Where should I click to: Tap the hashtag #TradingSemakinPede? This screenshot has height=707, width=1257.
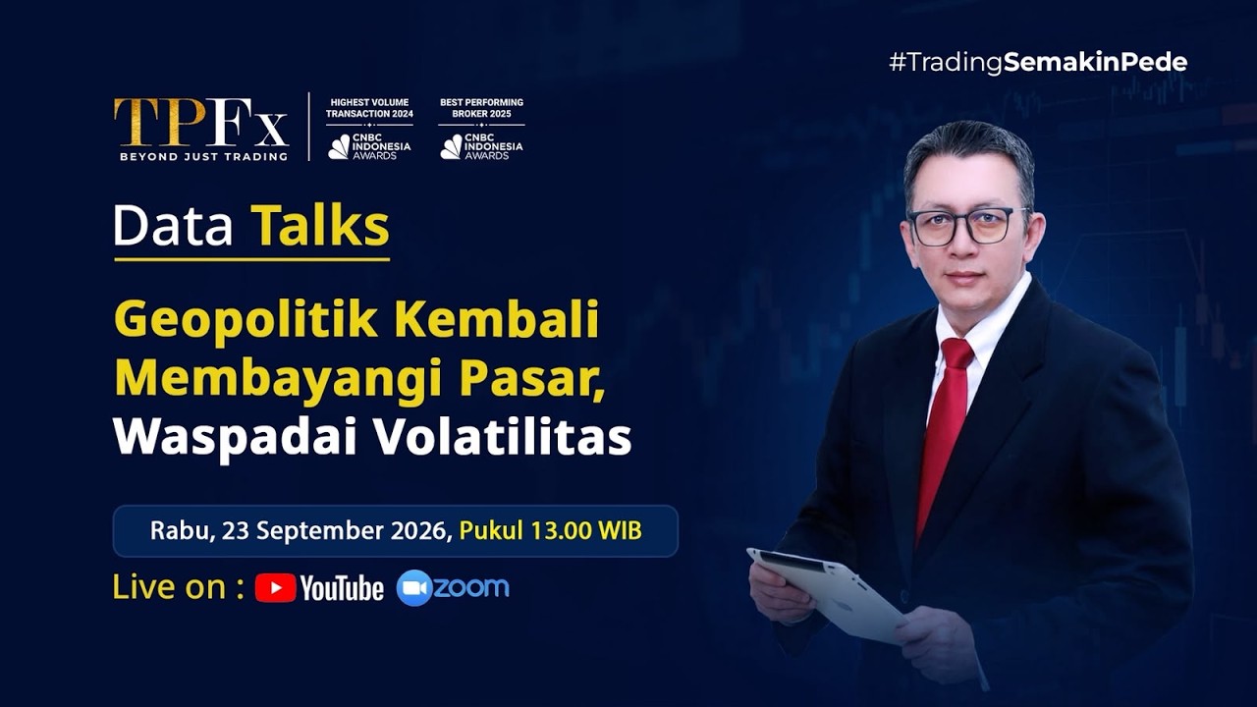click(1038, 62)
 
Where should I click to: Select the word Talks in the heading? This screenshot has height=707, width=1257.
click(320, 226)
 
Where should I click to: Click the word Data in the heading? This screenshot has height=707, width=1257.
click(173, 226)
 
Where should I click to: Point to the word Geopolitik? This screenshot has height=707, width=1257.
click(246, 320)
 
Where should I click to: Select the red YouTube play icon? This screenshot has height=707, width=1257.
click(276, 587)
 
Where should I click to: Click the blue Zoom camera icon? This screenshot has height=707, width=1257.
click(414, 587)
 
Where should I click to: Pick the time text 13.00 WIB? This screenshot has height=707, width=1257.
click(586, 530)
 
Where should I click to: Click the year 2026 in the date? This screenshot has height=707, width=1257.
click(421, 531)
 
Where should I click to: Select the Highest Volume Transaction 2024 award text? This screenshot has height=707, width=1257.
click(369, 108)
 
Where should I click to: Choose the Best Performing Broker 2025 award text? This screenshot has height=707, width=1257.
click(481, 108)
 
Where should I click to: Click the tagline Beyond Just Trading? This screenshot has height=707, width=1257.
click(203, 156)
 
